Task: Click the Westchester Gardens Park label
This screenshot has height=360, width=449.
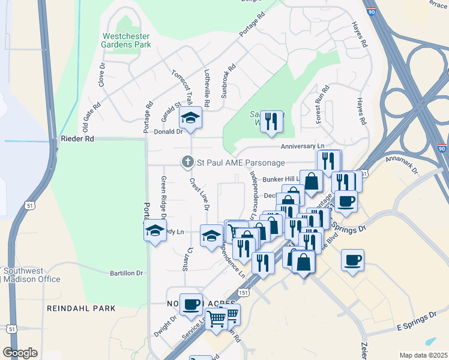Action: (x=125, y=40)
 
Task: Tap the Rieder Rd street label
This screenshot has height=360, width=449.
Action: (x=77, y=139)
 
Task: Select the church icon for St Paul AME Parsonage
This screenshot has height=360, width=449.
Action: (x=188, y=161)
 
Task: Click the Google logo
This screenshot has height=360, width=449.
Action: (x=20, y=353)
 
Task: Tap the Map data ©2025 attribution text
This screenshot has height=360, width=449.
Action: (x=423, y=355)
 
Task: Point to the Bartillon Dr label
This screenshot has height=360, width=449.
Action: (x=127, y=273)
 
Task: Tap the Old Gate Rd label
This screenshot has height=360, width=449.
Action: (x=91, y=118)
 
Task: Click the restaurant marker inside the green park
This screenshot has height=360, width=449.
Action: (x=272, y=121)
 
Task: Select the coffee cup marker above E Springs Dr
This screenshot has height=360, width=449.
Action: (x=352, y=260)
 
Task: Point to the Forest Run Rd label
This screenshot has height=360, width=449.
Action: (x=323, y=104)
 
